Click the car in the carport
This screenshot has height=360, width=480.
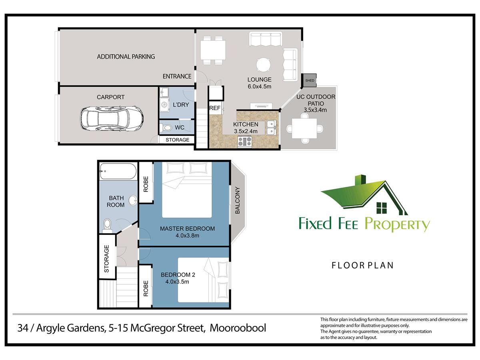112,119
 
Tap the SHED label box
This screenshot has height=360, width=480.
310,80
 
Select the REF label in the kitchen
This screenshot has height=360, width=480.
215,108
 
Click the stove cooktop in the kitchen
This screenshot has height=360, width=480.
245,142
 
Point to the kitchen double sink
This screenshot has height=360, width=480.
271,128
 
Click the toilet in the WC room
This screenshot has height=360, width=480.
166,127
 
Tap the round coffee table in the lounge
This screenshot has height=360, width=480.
263,64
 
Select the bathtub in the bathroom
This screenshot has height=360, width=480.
118,171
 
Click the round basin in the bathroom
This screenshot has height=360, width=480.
133,200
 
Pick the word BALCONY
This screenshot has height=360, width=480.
237,200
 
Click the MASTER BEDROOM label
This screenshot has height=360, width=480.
187,229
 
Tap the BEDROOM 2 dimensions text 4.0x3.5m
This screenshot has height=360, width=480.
177,282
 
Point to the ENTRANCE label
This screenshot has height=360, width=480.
177,76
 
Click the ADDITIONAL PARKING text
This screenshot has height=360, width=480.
126,57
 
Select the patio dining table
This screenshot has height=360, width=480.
304,128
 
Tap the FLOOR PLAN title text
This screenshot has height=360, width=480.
362,265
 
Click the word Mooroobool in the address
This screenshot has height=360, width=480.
238,328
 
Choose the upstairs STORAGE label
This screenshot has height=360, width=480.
106,259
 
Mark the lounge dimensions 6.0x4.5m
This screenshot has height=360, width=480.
259,86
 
